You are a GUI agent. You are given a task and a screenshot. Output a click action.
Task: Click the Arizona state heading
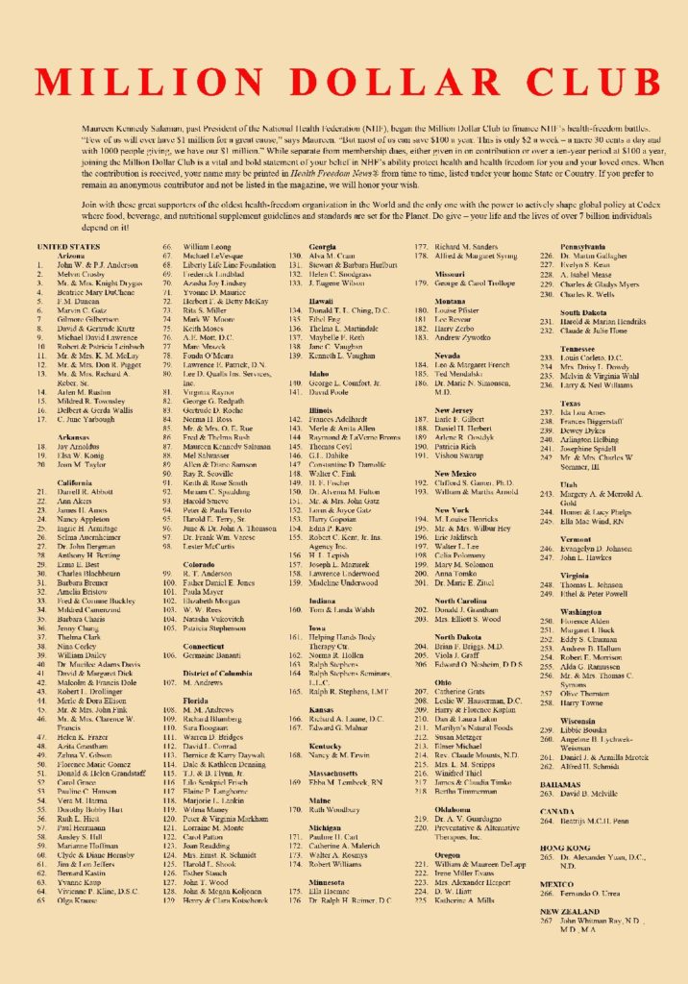pyautogui.click(x=71, y=256)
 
